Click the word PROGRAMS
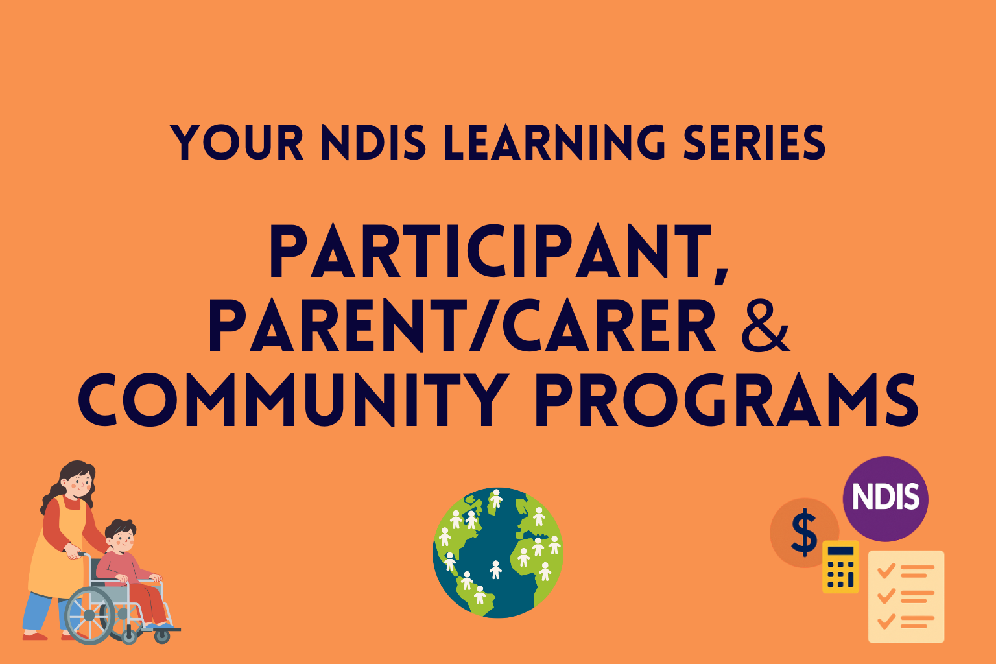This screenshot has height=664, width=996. click(x=726, y=400)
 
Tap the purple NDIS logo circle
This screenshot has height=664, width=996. click(x=885, y=498)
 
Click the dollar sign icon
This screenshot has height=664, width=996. click(x=804, y=532)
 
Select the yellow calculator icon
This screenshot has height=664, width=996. click(x=840, y=567)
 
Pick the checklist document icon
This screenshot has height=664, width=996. click(x=906, y=597)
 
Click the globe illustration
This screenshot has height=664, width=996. click(x=498, y=552)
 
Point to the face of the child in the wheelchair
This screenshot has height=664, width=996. click(x=123, y=538)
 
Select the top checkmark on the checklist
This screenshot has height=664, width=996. click(x=886, y=571)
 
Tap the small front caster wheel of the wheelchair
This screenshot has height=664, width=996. click(x=162, y=635)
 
